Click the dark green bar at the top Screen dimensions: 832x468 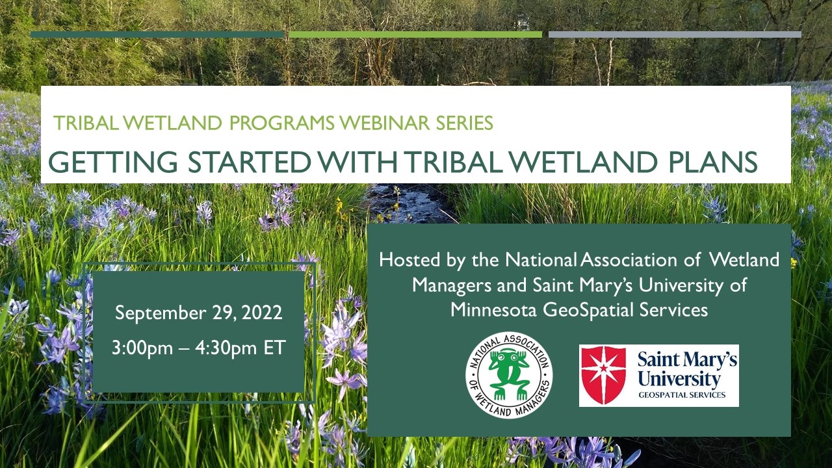click(157, 34)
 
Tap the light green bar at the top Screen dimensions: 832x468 click(415, 34)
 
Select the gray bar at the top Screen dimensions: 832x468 click(675, 34)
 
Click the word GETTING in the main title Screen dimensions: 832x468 click(113, 162)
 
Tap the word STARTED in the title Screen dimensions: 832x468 click(249, 162)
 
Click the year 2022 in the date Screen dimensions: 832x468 click(262, 313)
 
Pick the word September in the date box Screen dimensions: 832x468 click(161, 313)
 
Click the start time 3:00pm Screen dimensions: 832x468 click(142, 348)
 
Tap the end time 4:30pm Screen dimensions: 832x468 click(226, 348)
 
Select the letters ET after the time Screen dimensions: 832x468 click(274, 348)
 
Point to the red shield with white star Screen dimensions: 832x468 click(604, 375)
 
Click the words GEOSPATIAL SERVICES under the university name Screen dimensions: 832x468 click(682, 395)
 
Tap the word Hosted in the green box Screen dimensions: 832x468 click(409, 259)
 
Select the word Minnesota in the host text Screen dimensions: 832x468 click(493, 310)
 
